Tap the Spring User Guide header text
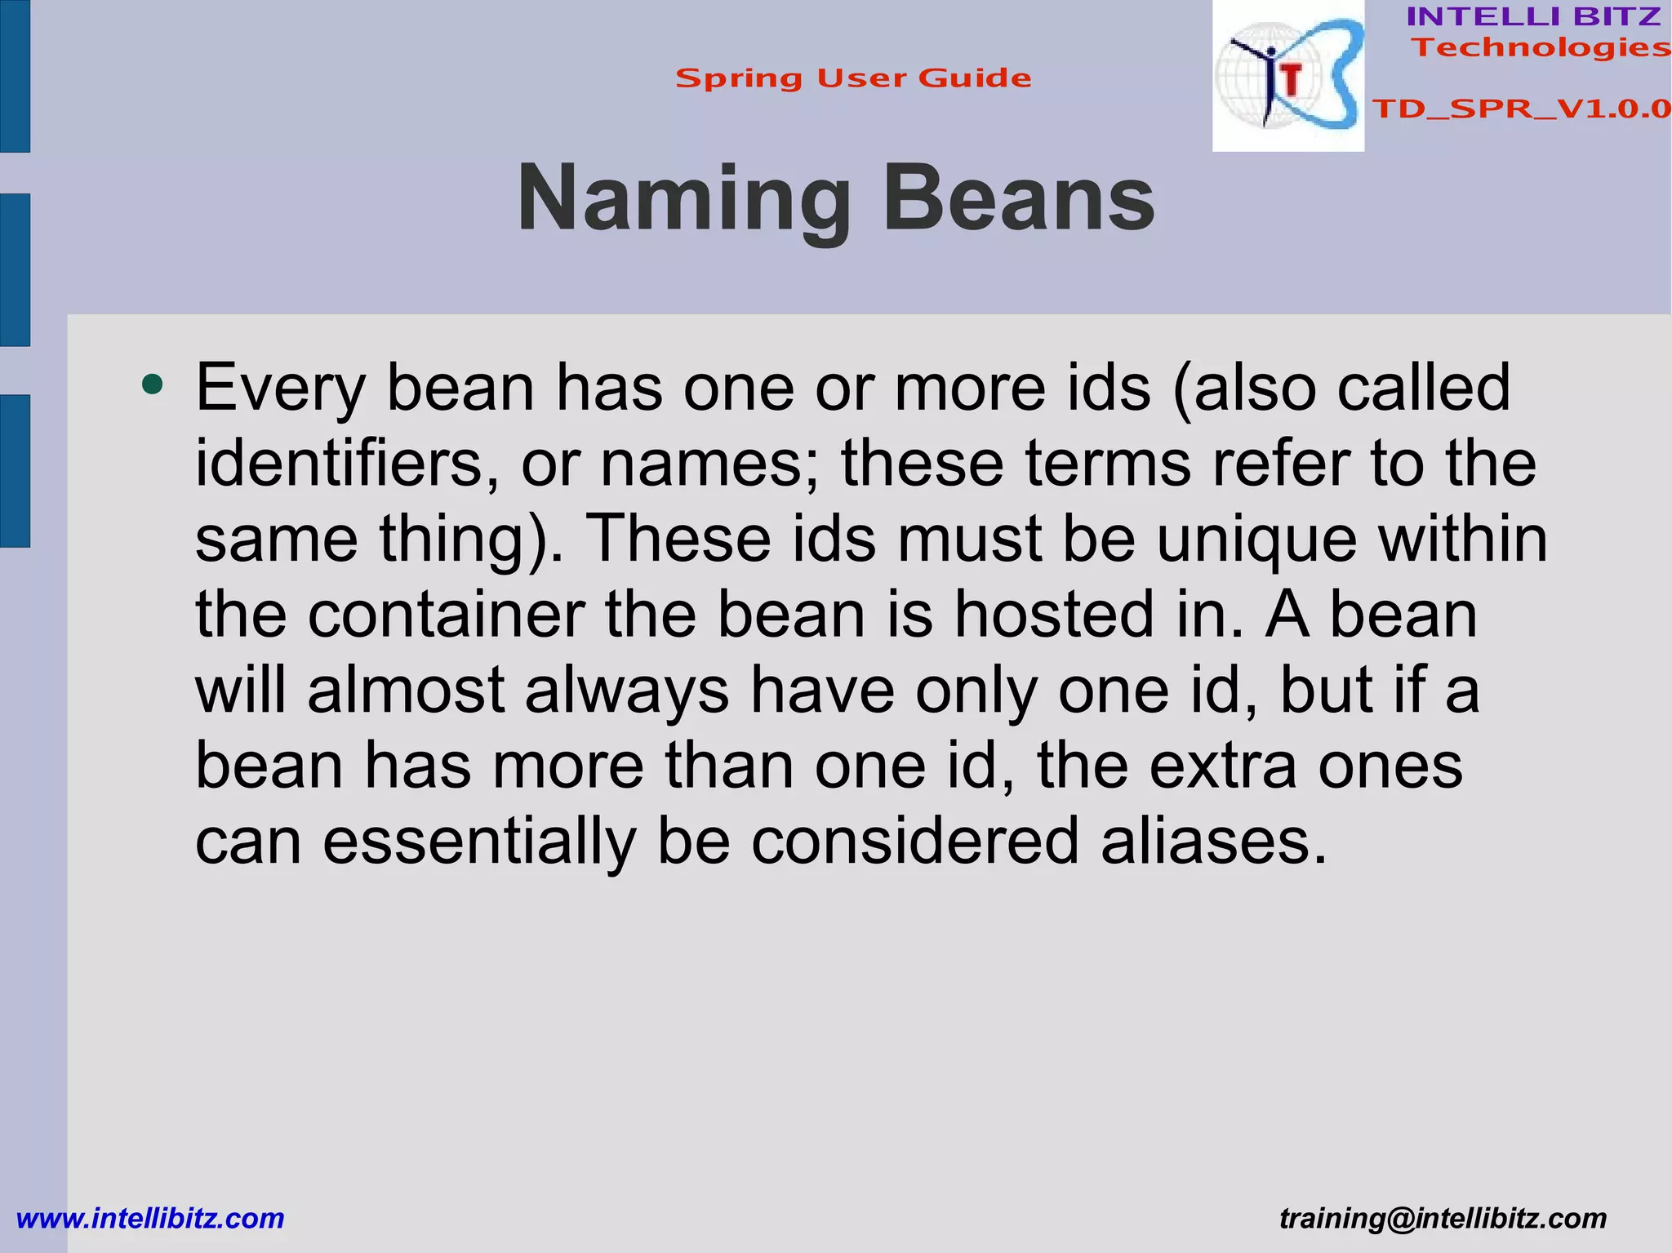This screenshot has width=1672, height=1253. (853, 78)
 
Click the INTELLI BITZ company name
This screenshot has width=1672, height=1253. (1533, 16)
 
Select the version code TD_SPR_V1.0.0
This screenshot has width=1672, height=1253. (1521, 109)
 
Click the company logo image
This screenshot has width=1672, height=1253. (1287, 76)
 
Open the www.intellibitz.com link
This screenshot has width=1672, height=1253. (150, 1218)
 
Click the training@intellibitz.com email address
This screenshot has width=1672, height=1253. (1443, 1218)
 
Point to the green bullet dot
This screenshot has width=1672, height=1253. (152, 383)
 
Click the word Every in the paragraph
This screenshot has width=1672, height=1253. (280, 388)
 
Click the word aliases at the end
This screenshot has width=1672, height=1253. (1213, 841)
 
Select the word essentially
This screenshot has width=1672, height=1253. (479, 842)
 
